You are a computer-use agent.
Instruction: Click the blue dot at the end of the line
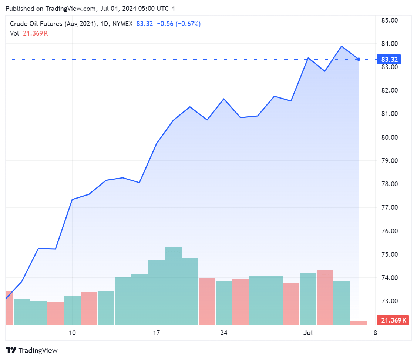pos(359,59)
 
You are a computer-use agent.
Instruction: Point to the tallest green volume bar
pos(173,285)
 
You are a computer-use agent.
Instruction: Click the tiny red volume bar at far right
pos(359,323)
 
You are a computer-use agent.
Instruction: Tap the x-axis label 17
pos(157,333)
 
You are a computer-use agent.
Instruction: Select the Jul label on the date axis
pos(308,333)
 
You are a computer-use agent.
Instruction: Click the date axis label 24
pos(223,333)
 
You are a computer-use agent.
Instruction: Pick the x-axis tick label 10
pos(72,333)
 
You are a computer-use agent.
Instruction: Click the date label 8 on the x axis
pos(375,333)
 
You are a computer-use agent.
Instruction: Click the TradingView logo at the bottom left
pos(32,350)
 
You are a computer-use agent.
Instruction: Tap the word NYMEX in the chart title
pos(123,24)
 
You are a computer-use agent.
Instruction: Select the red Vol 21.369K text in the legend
pos(29,33)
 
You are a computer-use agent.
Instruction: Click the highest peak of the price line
pos(342,46)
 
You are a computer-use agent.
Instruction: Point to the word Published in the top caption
pos(19,8)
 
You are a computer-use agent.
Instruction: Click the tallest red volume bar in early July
pos(324,296)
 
